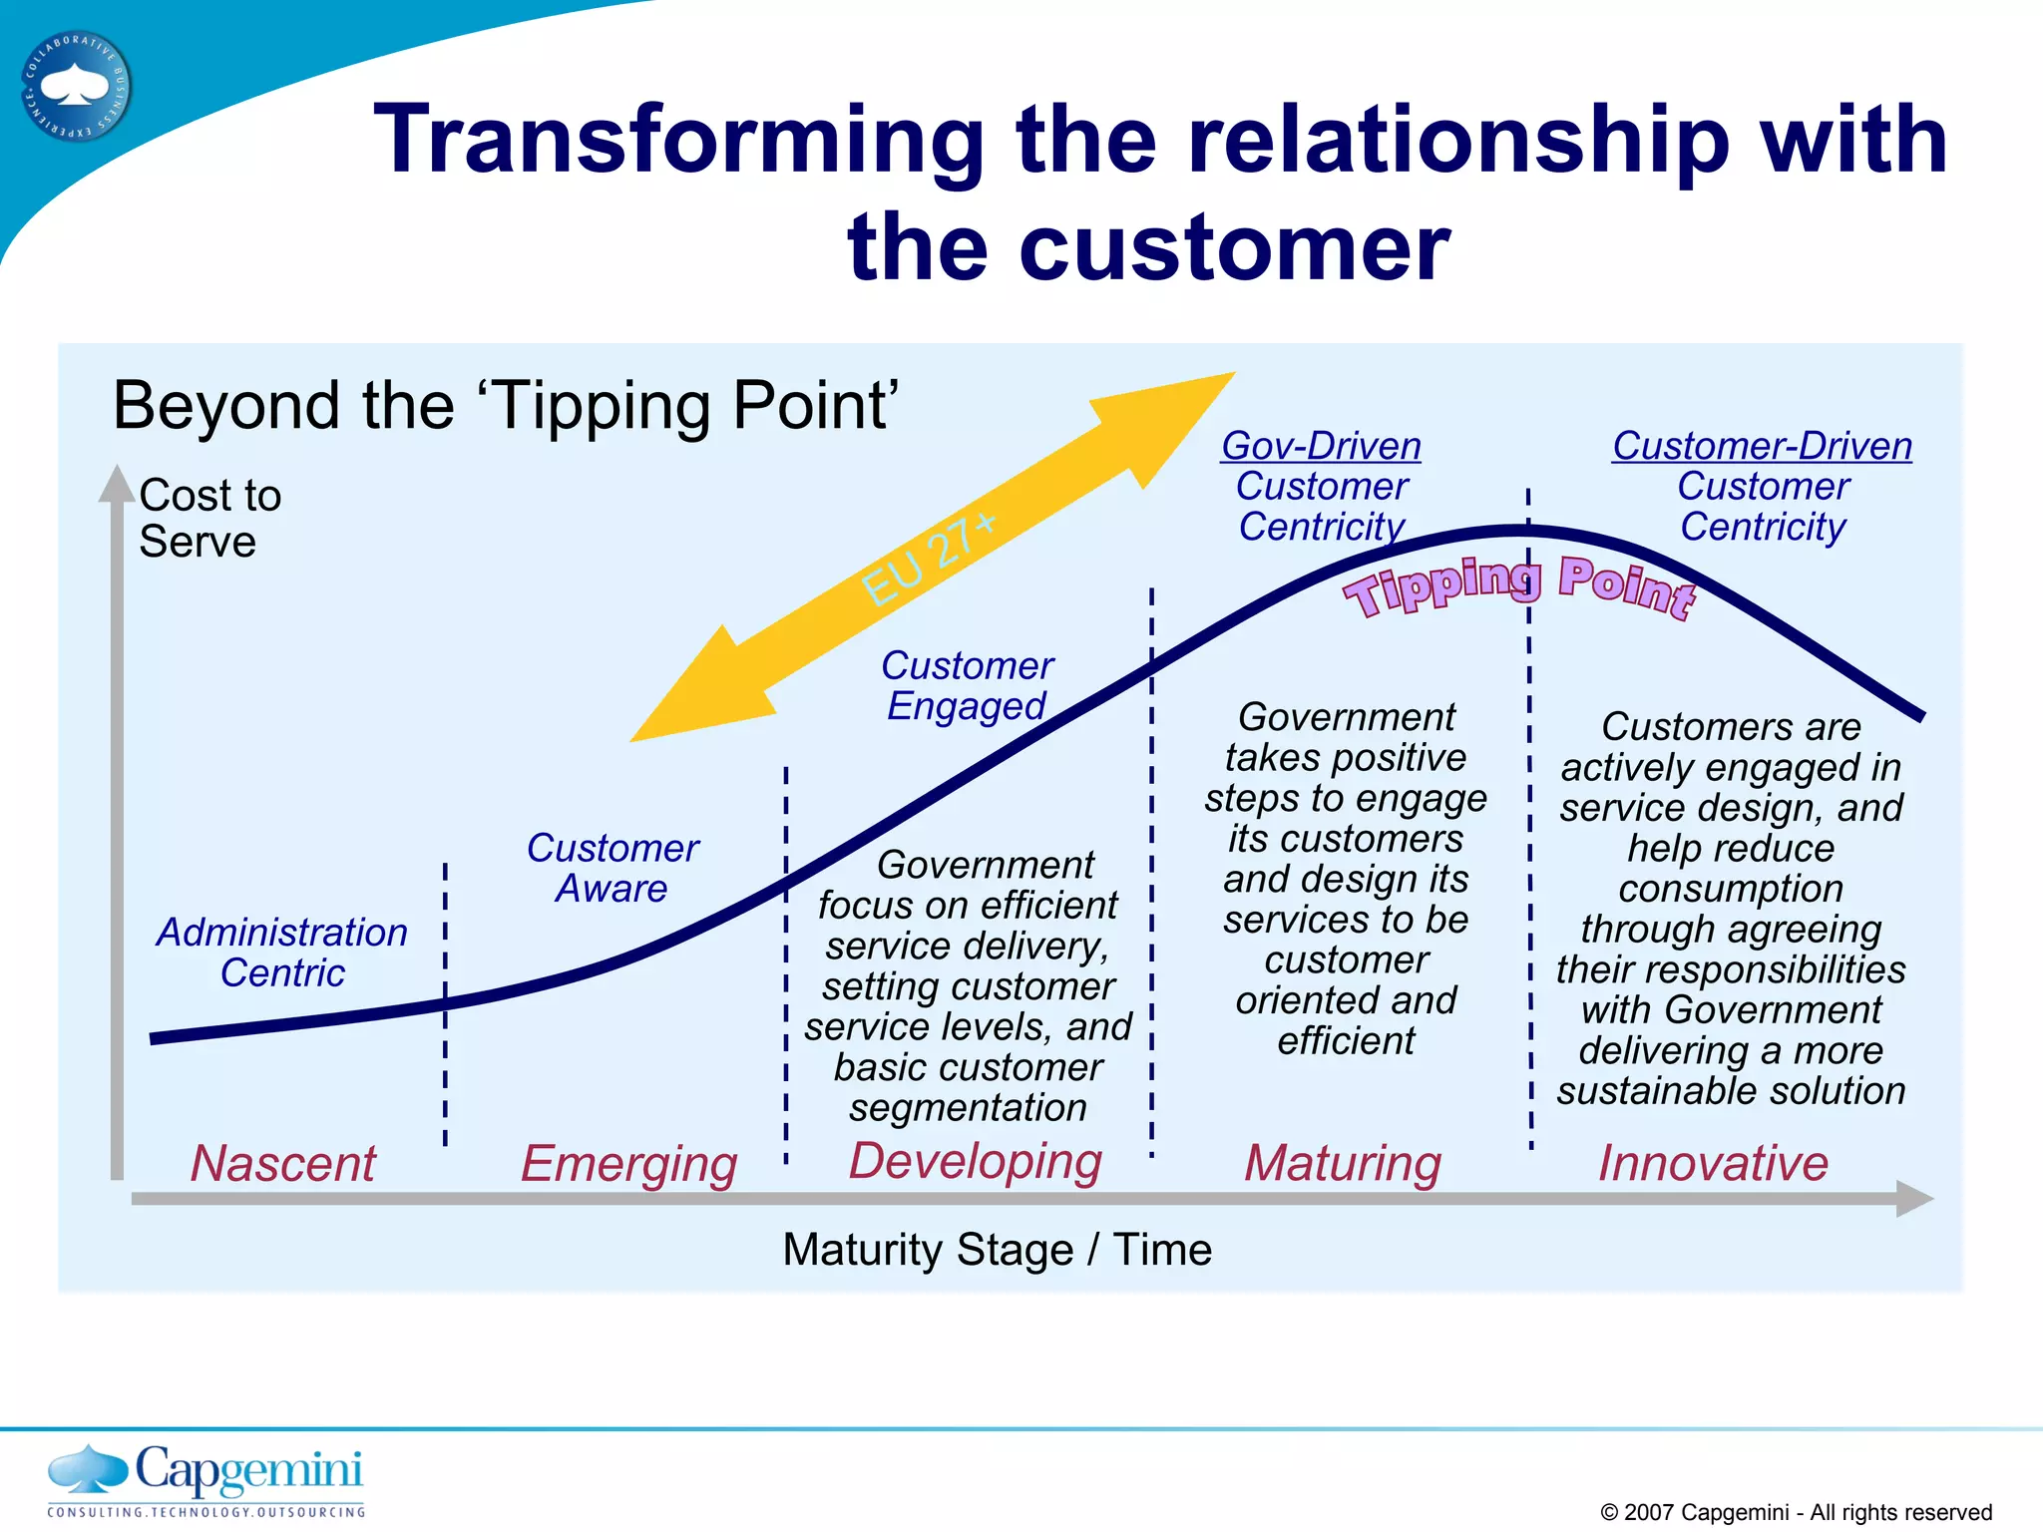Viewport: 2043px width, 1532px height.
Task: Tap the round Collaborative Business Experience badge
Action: click(x=76, y=87)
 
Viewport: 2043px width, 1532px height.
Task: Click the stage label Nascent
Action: click(x=283, y=1163)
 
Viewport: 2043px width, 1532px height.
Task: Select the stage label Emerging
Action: click(x=628, y=1164)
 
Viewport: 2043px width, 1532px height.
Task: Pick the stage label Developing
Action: click(x=975, y=1162)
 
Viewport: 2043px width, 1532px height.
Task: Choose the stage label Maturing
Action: click(x=1343, y=1163)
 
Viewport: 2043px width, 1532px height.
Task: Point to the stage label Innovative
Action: click(x=1713, y=1163)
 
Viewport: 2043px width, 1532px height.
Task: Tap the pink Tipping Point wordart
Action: click(x=1518, y=587)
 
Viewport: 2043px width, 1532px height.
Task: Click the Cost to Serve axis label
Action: click(x=209, y=518)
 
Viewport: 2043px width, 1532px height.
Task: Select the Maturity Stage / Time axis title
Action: click(x=997, y=1250)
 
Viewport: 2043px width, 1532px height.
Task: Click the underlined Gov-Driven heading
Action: click(x=1321, y=446)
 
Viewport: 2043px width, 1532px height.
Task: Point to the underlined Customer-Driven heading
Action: click(x=1762, y=446)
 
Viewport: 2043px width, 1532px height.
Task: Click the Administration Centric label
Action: click(x=282, y=952)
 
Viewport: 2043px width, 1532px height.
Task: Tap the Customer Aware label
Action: click(x=612, y=868)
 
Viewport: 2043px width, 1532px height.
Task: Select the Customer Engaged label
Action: click(x=967, y=685)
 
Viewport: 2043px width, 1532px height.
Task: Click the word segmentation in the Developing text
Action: click(x=968, y=1108)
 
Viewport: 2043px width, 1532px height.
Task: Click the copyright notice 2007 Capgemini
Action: click(x=1796, y=1512)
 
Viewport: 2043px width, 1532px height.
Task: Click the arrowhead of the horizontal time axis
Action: click(x=1913, y=1198)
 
